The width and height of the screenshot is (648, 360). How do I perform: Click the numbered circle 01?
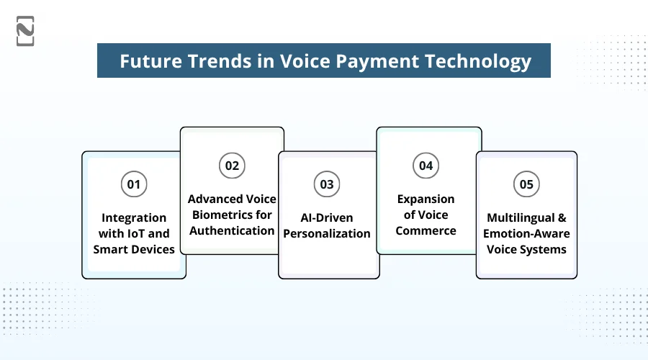pos(134,184)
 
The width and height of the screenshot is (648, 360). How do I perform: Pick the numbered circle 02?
pos(232,166)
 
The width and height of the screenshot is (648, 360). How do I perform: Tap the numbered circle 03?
pos(328,184)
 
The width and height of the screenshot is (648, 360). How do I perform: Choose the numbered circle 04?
pos(426,166)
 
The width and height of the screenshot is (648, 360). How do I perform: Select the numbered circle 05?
pos(526,184)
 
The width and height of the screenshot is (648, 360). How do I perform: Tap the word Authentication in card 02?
pos(232,230)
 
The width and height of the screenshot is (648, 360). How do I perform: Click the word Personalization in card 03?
pos(328,233)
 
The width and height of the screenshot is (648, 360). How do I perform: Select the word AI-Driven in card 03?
pos(328,217)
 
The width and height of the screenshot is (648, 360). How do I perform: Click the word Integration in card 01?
pos(134,217)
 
